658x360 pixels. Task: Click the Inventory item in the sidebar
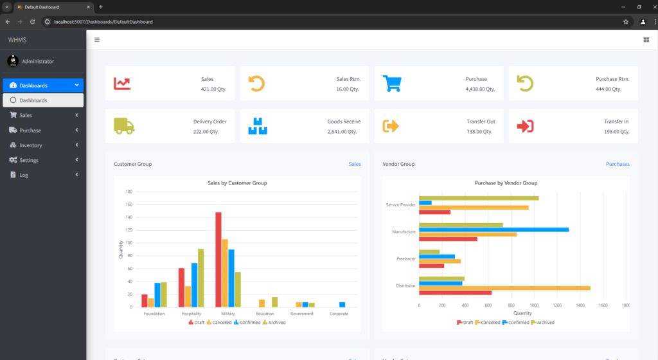30,145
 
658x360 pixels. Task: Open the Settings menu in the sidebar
29,160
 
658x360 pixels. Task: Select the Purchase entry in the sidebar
30,130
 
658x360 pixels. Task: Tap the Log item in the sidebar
24,175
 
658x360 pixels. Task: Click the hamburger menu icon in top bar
97,40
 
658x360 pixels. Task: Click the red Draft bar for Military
218,260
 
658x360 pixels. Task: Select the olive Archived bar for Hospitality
200,278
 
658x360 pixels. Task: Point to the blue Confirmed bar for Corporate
342,305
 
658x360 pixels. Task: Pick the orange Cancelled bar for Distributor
504,288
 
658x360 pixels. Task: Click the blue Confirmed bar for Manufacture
493,230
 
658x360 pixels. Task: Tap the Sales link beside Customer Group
355,164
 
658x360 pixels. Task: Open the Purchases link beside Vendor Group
618,164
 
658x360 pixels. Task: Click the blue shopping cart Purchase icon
392,84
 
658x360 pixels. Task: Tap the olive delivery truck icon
124,126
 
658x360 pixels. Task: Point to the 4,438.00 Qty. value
480,89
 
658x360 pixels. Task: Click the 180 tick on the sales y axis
129,192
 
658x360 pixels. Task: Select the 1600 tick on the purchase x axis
603,305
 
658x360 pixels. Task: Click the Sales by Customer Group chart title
237,183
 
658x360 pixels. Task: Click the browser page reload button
32,21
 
